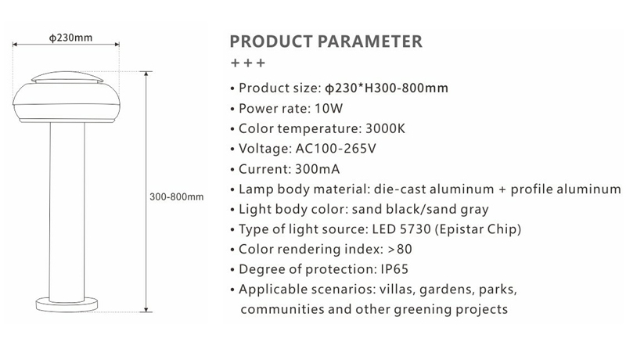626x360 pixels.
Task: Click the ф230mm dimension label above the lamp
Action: pyautogui.click(x=70, y=38)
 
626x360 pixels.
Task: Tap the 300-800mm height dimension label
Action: pyautogui.click(x=177, y=196)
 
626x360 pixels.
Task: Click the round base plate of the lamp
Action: pyautogui.click(x=67, y=305)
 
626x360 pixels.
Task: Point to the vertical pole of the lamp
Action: pyautogui.click(x=67, y=211)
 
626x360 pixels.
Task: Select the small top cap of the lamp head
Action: pyautogui.click(x=67, y=77)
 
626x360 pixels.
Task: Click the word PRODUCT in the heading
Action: pyautogui.click(x=271, y=41)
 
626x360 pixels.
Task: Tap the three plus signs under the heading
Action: pyautogui.click(x=248, y=63)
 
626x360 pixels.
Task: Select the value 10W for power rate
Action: pyautogui.click(x=329, y=109)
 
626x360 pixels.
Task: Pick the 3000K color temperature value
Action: pyautogui.click(x=385, y=128)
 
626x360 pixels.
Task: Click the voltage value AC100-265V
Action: pyautogui.click(x=336, y=149)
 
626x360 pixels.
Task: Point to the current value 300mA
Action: pyautogui.click(x=318, y=169)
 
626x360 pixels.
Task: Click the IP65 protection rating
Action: pyautogui.click(x=394, y=269)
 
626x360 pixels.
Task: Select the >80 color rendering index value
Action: pyautogui.click(x=400, y=249)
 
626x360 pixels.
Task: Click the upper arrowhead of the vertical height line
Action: pyautogui.click(x=146, y=74)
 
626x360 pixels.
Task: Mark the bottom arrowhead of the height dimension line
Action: pyautogui.click(x=146, y=309)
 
